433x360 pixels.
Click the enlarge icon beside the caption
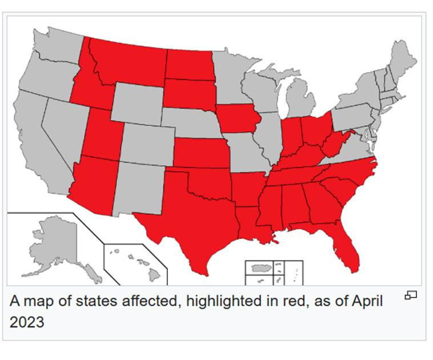(411, 295)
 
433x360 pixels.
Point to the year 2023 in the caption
(26, 322)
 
